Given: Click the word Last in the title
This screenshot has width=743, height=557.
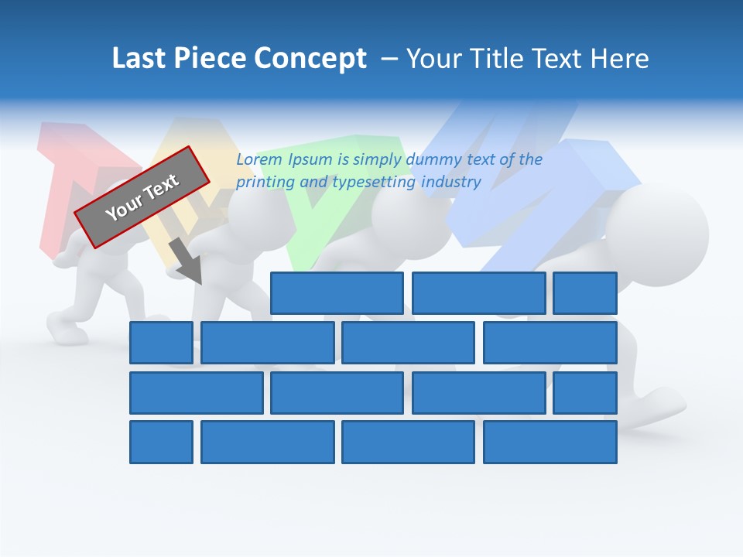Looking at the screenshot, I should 139,59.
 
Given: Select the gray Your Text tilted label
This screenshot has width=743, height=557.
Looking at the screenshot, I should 142,196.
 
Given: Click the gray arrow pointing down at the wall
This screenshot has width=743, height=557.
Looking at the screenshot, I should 186,261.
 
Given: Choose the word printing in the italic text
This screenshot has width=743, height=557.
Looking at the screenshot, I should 262,183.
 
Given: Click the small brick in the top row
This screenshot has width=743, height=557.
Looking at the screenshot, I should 584,293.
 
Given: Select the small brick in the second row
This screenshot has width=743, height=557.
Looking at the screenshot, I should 161,343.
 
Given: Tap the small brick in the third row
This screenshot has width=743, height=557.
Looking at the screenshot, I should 584,393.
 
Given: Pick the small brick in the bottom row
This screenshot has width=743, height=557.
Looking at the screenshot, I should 161,443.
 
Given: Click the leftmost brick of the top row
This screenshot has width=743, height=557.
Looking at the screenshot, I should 337,293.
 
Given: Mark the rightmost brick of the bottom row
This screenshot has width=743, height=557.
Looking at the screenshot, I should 550,443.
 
